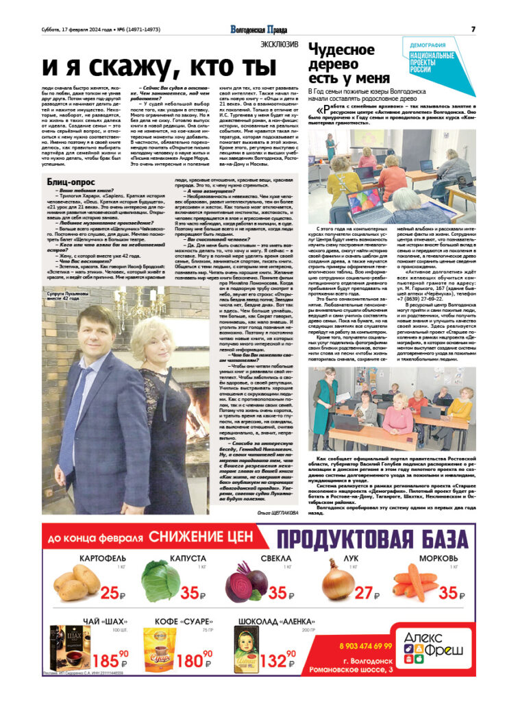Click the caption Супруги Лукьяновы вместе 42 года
[x=66, y=294]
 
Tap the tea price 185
[x=110, y=661]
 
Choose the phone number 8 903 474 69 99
[x=365, y=646]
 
